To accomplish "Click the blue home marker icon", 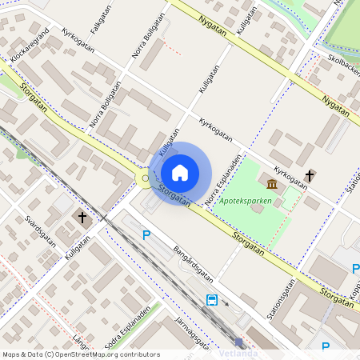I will [180, 173].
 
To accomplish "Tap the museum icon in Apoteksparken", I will [273, 185].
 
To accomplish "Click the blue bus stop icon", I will [212, 300].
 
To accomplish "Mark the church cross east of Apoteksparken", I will [310, 174].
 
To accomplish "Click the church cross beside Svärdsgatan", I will [82, 217].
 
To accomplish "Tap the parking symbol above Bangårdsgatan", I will [146, 234].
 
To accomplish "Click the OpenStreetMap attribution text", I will [81, 354].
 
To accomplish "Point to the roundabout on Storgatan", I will [145, 178].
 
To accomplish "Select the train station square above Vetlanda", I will [238, 342].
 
